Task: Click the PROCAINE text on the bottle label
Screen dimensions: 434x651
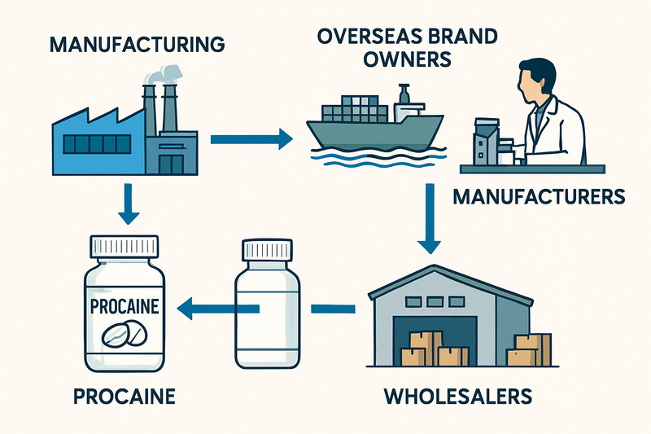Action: (125, 307)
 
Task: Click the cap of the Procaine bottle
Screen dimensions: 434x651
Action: (125, 246)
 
